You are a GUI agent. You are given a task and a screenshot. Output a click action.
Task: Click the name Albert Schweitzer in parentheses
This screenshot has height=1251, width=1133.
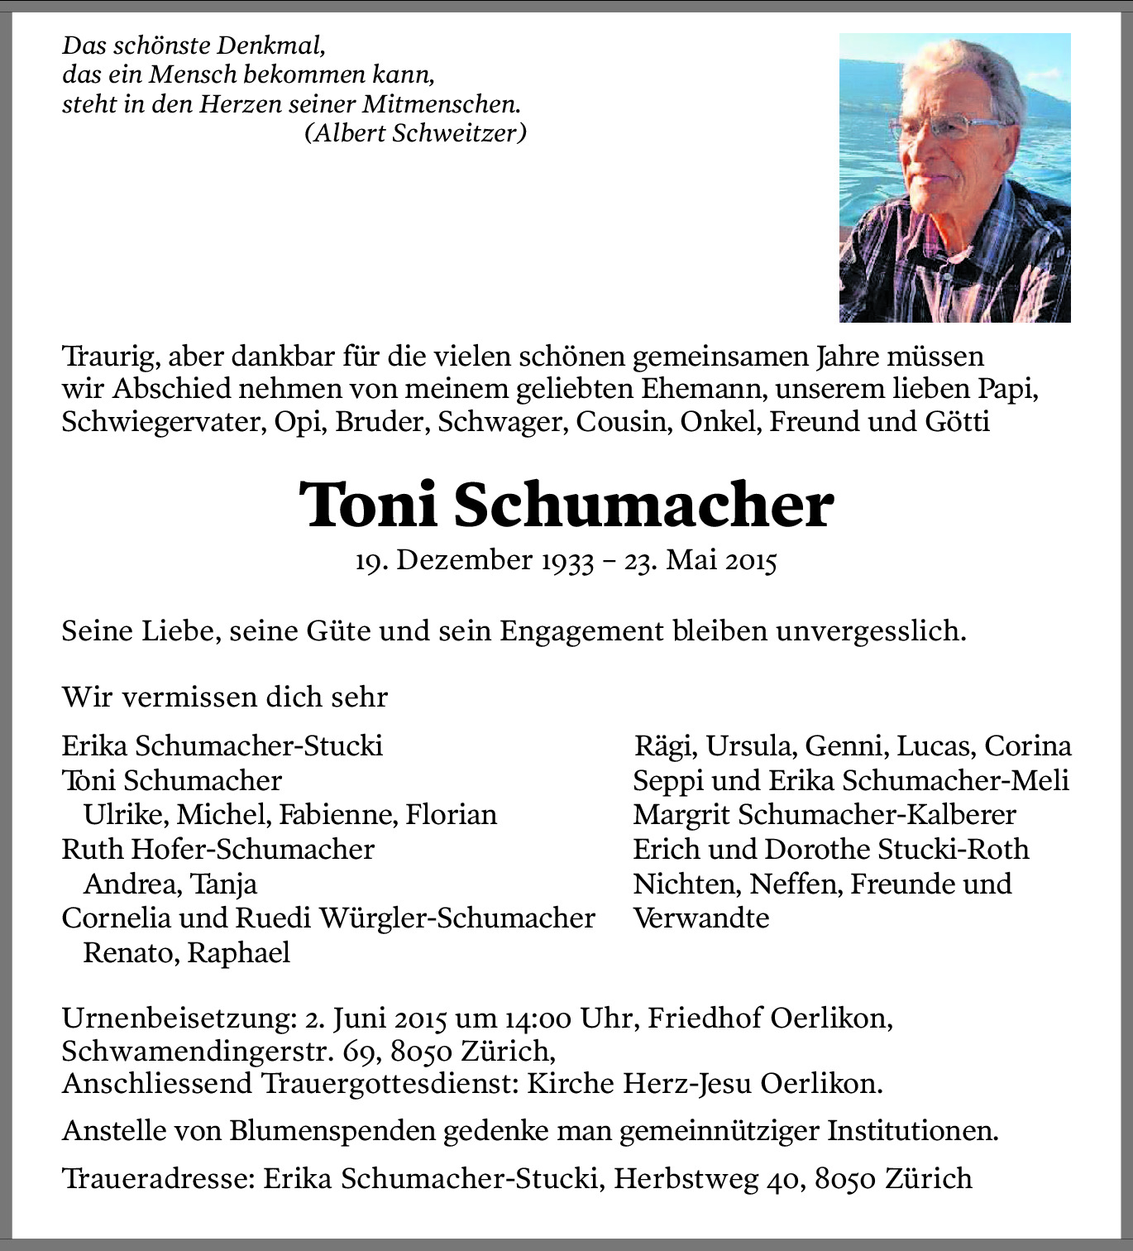coord(415,132)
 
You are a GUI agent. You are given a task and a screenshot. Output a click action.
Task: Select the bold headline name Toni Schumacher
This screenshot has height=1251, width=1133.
coord(566,505)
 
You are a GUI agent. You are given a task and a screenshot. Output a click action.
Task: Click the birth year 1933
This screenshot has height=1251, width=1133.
coord(567,561)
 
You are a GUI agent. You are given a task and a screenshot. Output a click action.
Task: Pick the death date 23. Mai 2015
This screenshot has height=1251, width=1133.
coord(700,561)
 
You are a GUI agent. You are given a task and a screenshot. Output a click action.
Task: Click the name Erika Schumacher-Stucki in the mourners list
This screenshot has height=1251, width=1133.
coord(222,745)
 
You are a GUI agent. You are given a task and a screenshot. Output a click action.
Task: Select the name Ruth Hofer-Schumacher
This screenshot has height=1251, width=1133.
coord(218,849)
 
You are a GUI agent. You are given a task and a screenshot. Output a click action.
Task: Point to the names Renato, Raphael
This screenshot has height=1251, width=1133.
coord(187,952)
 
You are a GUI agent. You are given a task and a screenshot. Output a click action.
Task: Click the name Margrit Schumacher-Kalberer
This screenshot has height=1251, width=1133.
coord(824,815)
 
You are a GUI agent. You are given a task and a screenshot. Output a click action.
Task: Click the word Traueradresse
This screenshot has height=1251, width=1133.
coord(158,1178)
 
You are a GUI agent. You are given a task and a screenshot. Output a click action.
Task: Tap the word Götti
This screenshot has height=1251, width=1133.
coord(957,422)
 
